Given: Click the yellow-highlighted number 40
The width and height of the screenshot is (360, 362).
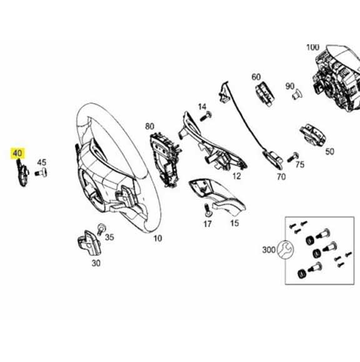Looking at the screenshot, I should pyautogui.click(x=17, y=152).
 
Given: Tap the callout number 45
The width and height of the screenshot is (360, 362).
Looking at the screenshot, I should pyautogui.click(x=42, y=162).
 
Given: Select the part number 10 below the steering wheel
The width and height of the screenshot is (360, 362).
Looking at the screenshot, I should pyautogui.click(x=157, y=238).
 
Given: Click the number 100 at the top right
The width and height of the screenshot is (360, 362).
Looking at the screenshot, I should pyautogui.click(x=312, y=47).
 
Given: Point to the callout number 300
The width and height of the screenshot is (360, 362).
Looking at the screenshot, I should pyautogui.click(x=269, y=250).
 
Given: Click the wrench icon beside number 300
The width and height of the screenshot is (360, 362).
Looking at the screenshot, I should pyautogui.click(x=284, y=250).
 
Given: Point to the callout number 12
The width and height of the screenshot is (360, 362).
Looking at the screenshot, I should pyautogui.click(x=236, y=177).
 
